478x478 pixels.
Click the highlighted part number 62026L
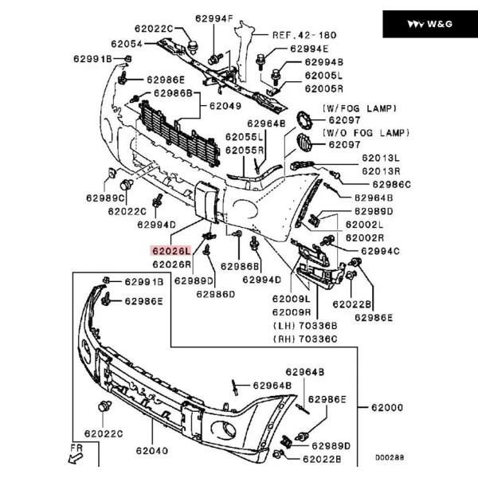(x=170, y=249)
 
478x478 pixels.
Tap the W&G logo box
(x=429, y=24)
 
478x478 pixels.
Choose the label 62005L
(x=323, y=75)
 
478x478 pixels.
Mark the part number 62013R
(x=381, y=171)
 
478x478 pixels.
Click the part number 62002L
(x=364, y=225)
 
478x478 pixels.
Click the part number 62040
(x=151, y=451)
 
